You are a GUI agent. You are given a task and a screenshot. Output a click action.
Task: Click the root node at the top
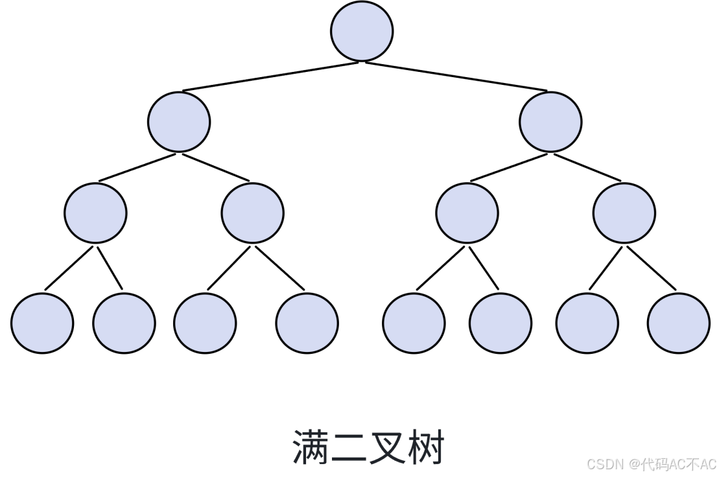[362, 31]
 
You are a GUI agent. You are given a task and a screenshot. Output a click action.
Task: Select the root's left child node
[179, 122]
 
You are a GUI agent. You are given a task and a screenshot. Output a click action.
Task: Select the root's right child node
[550, 122]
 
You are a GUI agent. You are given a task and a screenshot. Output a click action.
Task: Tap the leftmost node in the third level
[95, 213]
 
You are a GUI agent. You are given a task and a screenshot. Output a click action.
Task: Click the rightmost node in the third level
[624, 213]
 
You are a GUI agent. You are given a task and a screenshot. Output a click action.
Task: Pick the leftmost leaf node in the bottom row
[42, 323]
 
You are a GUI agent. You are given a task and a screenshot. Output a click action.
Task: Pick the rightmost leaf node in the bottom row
[678, 323]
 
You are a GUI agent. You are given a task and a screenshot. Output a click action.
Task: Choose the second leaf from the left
[124, 323]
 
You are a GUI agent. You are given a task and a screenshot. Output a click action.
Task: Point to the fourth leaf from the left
[307, 323]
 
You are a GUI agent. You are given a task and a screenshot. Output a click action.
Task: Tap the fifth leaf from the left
[414, 323]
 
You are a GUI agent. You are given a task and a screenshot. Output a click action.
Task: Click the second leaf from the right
[587, 323]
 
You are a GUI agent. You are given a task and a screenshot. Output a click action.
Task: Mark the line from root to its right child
[456, 76]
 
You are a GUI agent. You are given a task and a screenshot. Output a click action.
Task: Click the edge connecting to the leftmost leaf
[69, 268]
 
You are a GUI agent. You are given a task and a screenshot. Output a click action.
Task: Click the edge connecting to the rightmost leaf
[652, 268]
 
